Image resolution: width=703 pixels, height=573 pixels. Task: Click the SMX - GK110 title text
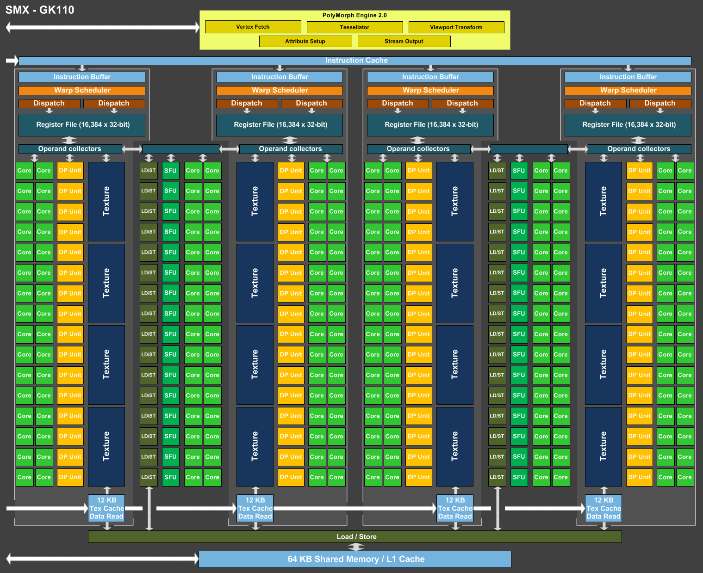click(x=40, y=10)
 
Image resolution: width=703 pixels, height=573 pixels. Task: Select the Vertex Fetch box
click(x=253, y=27)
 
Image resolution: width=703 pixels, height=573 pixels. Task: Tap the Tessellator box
click(x=355, y=27)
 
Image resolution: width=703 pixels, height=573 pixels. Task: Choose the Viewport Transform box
click(x=456, y=27)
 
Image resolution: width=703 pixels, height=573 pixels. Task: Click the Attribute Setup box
click(x=305, y=41)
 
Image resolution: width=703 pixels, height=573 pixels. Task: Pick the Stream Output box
click(x=404, y=41)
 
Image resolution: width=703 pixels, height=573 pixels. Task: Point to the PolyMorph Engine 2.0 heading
click(x=355, y=15)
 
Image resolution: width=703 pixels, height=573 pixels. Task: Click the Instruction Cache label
click(x=356, y=60)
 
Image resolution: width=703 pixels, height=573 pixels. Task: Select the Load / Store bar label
click(x=356, y=536)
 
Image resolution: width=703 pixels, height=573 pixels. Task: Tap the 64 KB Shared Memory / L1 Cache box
click(x=355, y=559)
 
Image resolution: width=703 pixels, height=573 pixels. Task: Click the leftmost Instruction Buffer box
click(x=82, y=77)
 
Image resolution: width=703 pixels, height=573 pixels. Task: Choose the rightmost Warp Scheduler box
click(x=628, y=90)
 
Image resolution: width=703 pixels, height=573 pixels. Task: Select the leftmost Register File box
click(x=82, y=124)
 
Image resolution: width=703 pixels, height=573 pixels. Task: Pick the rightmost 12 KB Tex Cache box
click(x=603, y=508)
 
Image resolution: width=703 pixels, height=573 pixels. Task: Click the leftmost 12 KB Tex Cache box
click(x=106, y=508)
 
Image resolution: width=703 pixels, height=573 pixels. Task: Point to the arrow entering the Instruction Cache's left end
click(x=12, y=60)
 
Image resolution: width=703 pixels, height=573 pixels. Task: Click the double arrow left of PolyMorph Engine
click(x=103, y=27)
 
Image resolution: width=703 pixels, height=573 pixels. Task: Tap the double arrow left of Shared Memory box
click(x=103, y=559)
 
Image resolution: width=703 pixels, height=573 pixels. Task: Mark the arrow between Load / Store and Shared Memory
click(x=356, y=547)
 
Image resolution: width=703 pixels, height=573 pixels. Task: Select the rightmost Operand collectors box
click(x=639, y=149)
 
